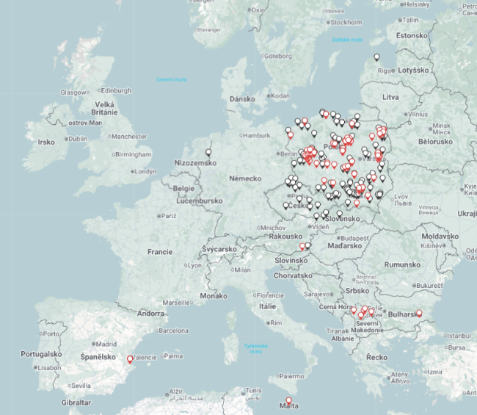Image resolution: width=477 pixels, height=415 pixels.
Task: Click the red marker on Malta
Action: coord(288,401)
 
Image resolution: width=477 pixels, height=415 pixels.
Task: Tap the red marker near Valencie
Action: coord(131,359)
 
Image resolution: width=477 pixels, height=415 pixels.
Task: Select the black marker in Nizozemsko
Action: coord(208,153)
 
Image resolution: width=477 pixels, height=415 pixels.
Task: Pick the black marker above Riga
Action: coord(377,57)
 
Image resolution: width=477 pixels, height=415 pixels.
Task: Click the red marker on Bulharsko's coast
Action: coord(419,314)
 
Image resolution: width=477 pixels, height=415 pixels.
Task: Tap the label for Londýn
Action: coord(145,171)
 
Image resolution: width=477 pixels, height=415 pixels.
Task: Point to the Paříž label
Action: coord(170,216)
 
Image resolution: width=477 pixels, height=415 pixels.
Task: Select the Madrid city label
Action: coord(107,344)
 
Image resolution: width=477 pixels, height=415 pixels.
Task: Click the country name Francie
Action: coord(159,252)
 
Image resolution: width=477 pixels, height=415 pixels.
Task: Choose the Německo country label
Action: coord(245,178)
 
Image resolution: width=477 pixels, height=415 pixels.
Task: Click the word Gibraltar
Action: coord(76,403)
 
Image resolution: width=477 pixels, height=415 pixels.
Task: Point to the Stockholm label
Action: coord(346,21)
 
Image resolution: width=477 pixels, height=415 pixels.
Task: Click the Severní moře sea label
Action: coord(171,79)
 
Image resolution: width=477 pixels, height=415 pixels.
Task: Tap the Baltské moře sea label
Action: coord(347,40)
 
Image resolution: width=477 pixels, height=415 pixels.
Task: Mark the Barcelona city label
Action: coord(173,331)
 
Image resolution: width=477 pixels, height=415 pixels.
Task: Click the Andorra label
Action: coord(151,314)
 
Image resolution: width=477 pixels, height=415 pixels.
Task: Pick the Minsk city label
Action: coord(442,126)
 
